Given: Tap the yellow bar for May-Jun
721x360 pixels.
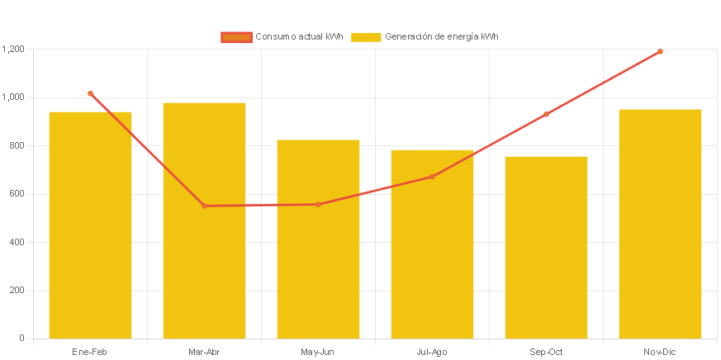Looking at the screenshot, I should coord(318,239).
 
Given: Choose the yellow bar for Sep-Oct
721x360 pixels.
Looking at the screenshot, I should coord(546,247).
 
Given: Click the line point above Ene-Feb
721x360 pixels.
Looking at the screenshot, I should coord(90,93).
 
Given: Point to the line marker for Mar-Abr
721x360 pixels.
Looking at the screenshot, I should coord(204,206).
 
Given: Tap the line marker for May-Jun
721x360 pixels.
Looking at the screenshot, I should coord(318,204).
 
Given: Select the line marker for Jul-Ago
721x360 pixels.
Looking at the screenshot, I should coord(432,177).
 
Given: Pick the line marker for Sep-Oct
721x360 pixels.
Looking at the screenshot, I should coord(546,114).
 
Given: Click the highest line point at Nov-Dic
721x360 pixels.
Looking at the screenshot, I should coord(660,51).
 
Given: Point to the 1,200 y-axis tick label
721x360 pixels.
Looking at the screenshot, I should coord(13,50).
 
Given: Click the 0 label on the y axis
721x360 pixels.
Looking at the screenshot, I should coord(21,339).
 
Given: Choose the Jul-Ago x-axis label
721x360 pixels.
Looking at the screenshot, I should coord(432,352).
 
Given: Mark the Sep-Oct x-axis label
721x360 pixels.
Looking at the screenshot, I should coord(546,352).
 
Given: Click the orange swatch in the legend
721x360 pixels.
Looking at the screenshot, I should coord(236,36).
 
